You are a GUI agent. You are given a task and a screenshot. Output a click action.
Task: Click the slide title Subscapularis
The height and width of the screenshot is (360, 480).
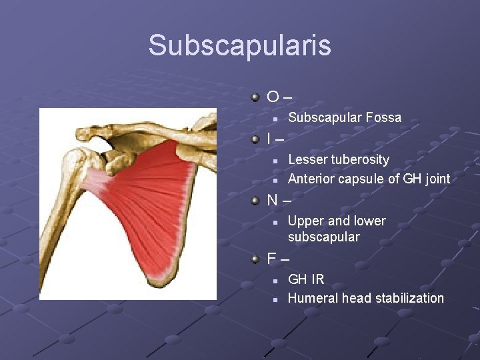(239, 45)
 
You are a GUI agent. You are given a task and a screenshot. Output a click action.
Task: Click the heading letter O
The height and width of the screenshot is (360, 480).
(273, 97)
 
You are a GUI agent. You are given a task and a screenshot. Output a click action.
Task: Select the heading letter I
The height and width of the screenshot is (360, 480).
(269, 139)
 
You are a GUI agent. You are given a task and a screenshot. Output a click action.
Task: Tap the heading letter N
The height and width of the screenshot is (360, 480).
(273, 199)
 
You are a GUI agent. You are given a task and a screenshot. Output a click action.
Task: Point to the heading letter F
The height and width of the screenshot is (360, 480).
(272, 258)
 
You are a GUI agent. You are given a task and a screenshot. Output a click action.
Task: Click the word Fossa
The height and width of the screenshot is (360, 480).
(384, 118)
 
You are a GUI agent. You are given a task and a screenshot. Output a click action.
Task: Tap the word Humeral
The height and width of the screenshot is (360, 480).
(313, 298)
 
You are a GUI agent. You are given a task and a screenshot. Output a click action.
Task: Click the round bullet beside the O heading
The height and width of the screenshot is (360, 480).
(255, 98)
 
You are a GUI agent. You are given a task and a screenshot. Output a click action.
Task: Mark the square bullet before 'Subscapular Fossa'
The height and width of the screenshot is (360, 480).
(274, 119)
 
